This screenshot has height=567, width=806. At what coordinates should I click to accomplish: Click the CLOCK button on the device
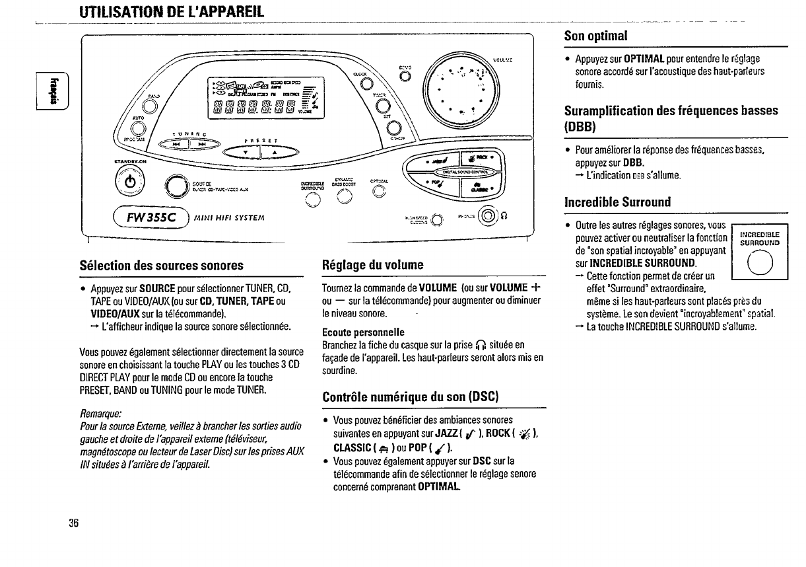[x=367, y=83]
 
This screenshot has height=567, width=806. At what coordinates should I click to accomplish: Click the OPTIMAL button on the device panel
[x=377, y=193]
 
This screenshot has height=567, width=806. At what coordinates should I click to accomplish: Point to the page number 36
[x=73, y=523]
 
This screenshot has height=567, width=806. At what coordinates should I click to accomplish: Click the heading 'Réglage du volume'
[x=373, y=266]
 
